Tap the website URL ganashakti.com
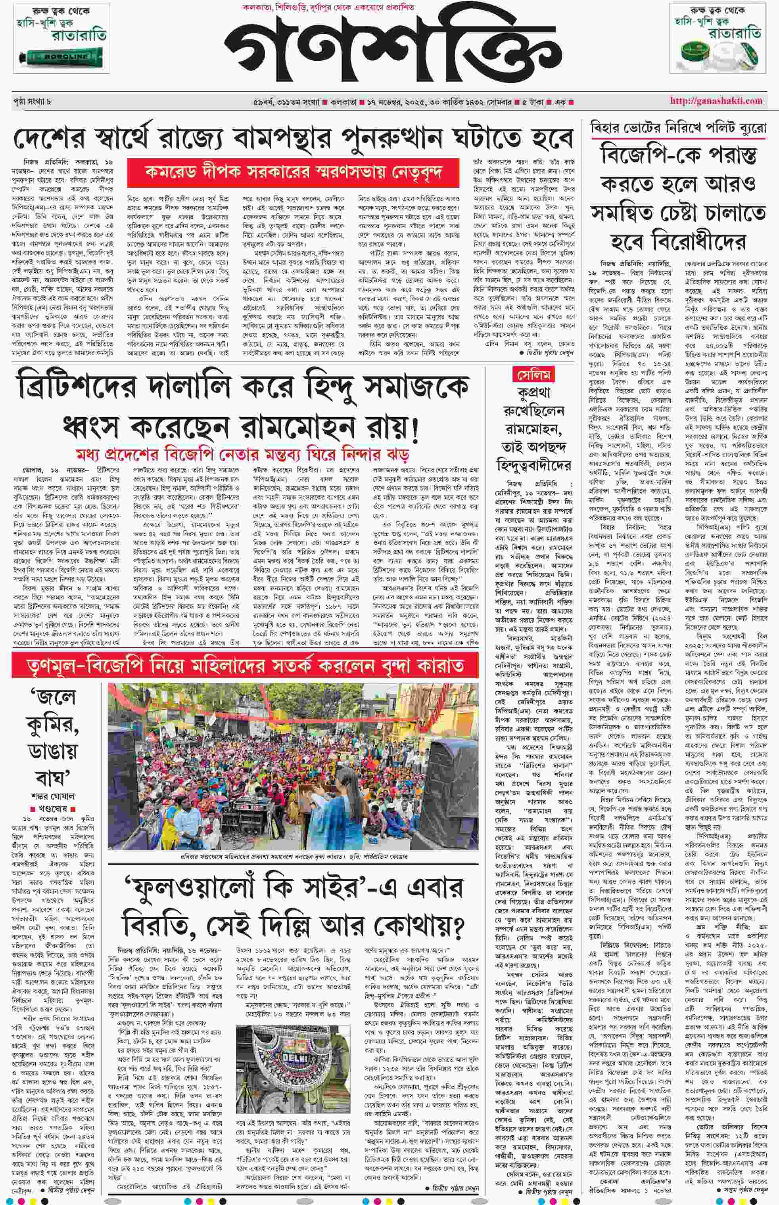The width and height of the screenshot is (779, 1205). click(716, 101)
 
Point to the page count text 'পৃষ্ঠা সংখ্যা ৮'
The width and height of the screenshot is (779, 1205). click(33, 101)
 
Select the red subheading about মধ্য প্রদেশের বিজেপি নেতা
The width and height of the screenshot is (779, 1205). click(242, 453)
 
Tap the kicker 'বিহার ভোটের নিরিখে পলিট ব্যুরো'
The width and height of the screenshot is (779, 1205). click(678, 128)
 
